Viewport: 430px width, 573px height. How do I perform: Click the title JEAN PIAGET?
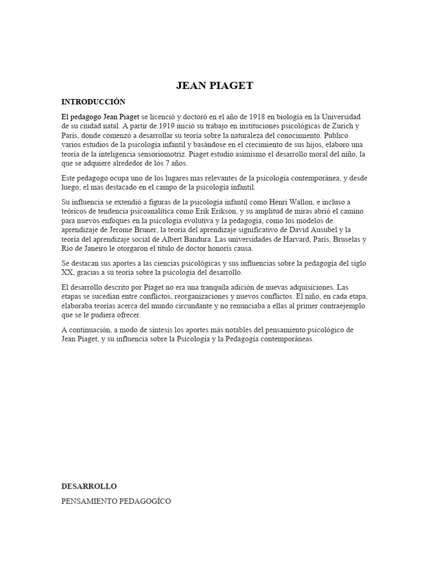tap(214, 86)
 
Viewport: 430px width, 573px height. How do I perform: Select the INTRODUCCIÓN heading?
tap(94, 102)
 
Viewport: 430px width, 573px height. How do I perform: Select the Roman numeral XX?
tap(67, 273)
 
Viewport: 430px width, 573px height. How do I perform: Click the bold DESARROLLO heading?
tap(89, 486)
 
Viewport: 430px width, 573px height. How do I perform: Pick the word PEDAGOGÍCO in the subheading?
tap(144, 501)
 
